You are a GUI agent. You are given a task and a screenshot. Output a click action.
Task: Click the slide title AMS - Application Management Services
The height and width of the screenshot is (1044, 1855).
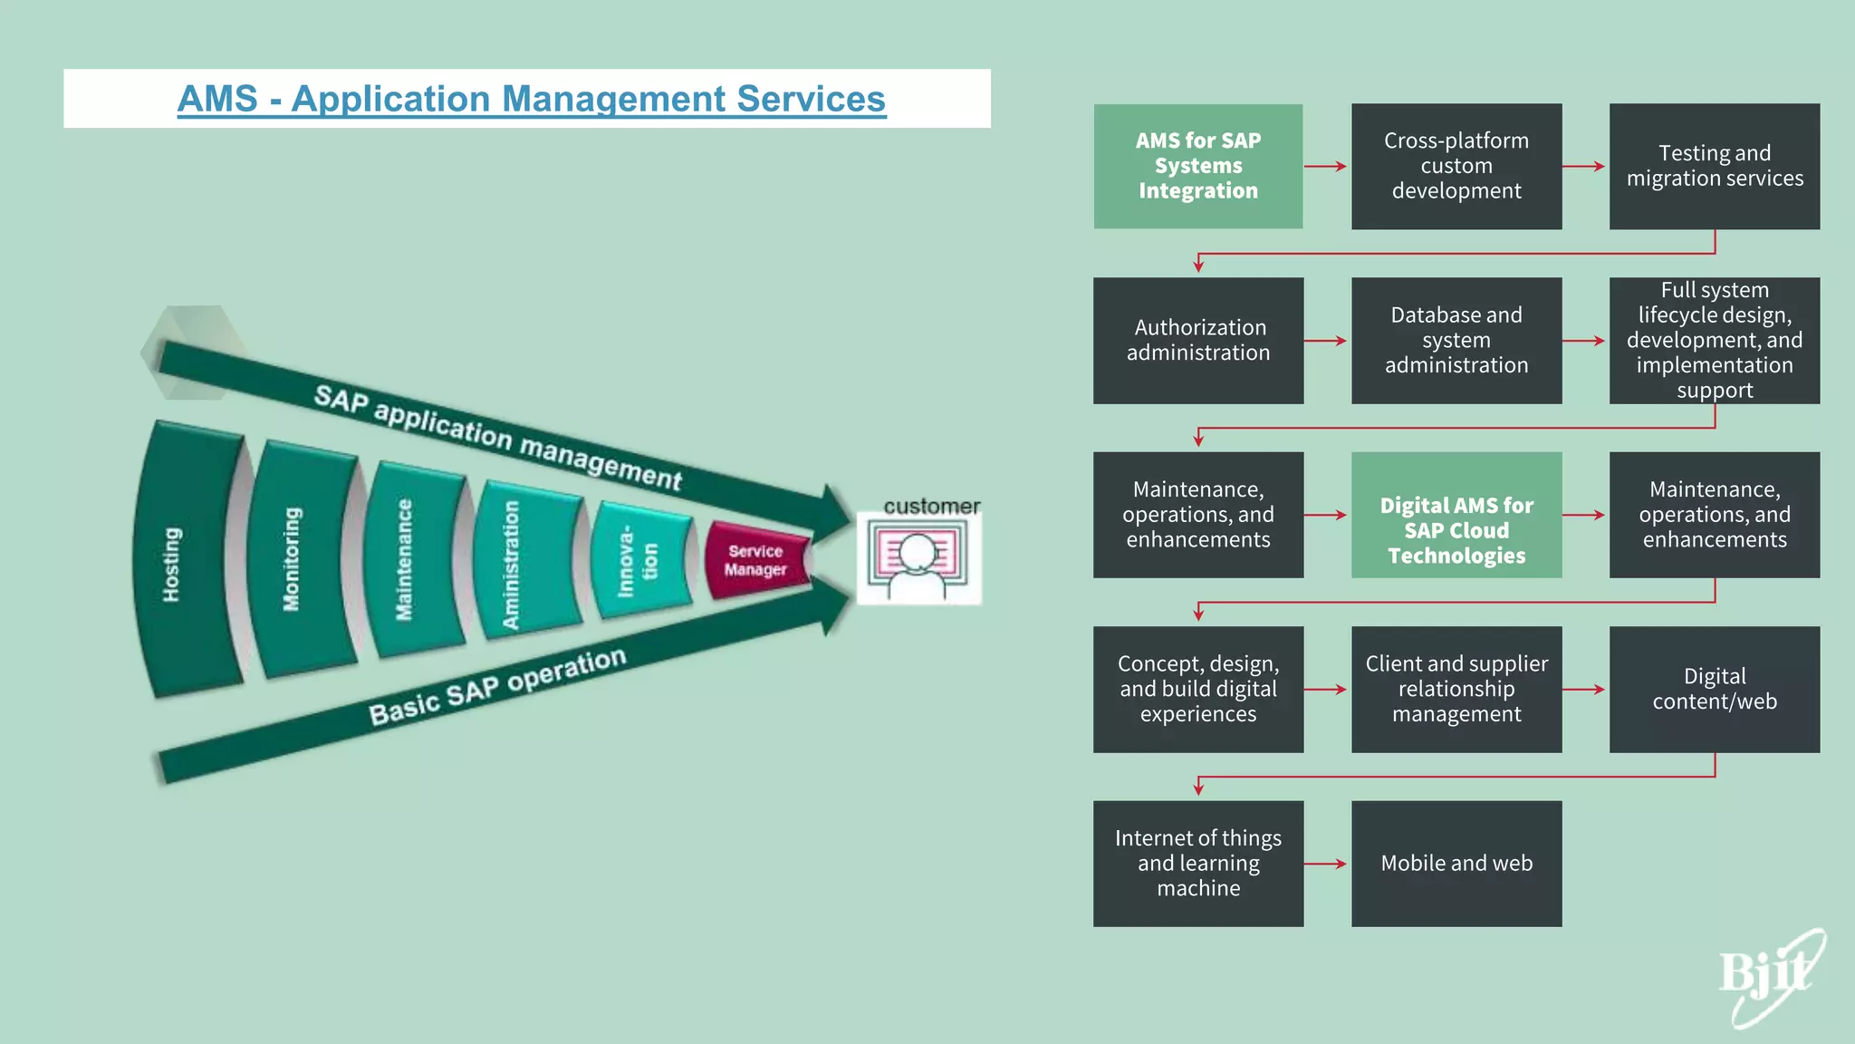(x=531, y=99)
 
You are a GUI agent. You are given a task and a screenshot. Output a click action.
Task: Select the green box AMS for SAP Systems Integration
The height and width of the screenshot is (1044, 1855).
(x=1197, y=166)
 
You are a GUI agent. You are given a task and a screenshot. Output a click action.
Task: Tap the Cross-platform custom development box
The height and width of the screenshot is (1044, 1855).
(x=1456, y=166)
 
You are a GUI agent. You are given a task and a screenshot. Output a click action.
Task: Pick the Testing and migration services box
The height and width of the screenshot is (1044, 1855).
(x=1714, y=166)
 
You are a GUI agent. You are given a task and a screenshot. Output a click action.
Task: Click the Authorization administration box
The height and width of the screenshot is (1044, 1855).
(x=1197, y=340)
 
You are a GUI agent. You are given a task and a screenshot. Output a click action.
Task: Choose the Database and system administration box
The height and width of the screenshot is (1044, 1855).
(x=1456, y=340)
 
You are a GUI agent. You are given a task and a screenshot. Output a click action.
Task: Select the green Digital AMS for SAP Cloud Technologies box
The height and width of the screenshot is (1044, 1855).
(x=1456, y=515)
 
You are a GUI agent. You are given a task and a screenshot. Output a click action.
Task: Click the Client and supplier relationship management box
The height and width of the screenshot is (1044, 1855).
(x=1456, y=689)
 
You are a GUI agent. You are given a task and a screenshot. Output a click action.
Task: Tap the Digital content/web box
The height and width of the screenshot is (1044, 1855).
(x=1714, y=689)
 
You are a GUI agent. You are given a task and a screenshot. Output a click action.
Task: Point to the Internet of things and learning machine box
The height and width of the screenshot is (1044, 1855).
(x=1197, y=863)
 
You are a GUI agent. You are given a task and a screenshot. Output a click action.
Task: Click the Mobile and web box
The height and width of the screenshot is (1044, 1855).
(x=1456, y=863)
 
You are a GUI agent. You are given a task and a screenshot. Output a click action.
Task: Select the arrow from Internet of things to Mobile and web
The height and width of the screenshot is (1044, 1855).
(x=1326, y=864)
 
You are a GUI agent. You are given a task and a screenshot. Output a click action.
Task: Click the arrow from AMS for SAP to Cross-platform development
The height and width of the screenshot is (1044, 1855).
(x=1326, y=167)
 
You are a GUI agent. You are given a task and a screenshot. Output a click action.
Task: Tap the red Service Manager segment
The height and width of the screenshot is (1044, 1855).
(x=756, y=560)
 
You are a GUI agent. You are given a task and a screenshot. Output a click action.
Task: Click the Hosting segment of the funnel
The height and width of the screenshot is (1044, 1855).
(x=186, y=562)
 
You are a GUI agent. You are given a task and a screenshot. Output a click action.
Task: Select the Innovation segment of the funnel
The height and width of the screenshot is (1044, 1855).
(x=639, y=563)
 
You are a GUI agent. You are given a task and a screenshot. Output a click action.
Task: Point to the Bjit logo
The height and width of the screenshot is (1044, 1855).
(x=1771, y=977)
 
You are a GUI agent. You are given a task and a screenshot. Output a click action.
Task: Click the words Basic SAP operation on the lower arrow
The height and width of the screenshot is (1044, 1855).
(x=497, y=686)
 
